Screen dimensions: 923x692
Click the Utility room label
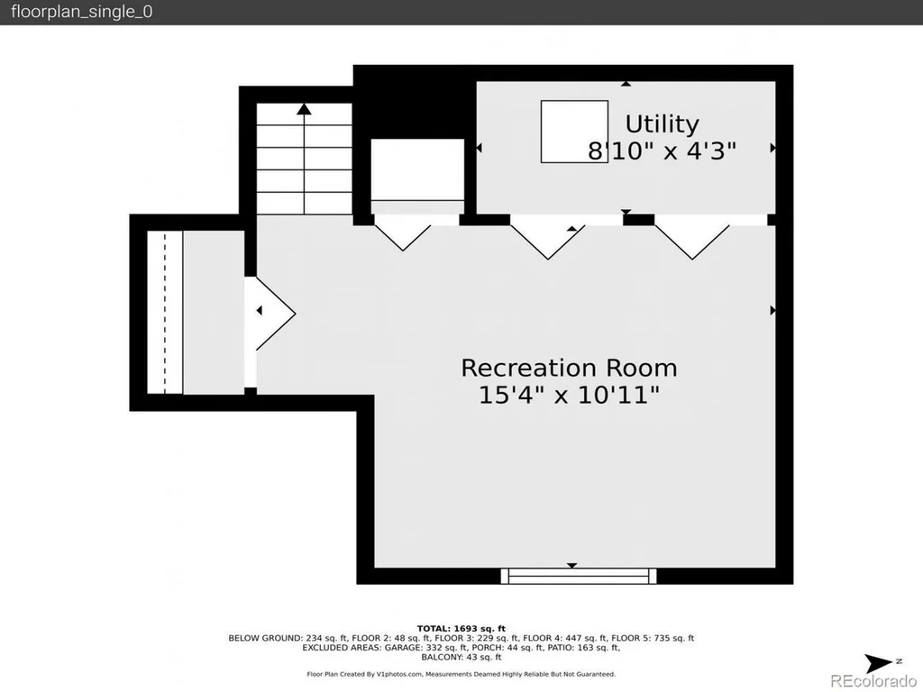click(x=663, y=124)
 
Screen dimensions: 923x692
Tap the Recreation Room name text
click(x=569, y=368)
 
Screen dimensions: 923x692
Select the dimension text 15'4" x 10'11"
click(x=569, y=395)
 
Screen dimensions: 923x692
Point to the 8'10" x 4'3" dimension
click(x=663, y=150)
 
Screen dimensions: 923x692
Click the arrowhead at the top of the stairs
click(x=304, y=109)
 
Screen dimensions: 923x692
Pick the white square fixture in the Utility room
click(x=574, y=132)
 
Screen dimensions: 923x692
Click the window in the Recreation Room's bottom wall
click(x=579, y=576)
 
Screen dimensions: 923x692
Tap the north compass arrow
click(x=878, y=663)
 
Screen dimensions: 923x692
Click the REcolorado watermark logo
click(x=873, y=681)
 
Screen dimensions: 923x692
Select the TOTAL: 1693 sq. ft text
click(x=461, y=628)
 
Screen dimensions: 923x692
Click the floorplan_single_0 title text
click(x=81, y=12)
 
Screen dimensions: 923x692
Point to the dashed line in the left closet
click(x=165, y=312)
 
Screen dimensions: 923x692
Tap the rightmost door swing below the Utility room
click(x=692, y=241)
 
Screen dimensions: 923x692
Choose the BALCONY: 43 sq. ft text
click(x=461, y=657)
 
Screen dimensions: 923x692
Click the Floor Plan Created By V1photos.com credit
click(x=364, y=674)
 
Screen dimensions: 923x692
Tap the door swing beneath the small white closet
click(x=403, y=238)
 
